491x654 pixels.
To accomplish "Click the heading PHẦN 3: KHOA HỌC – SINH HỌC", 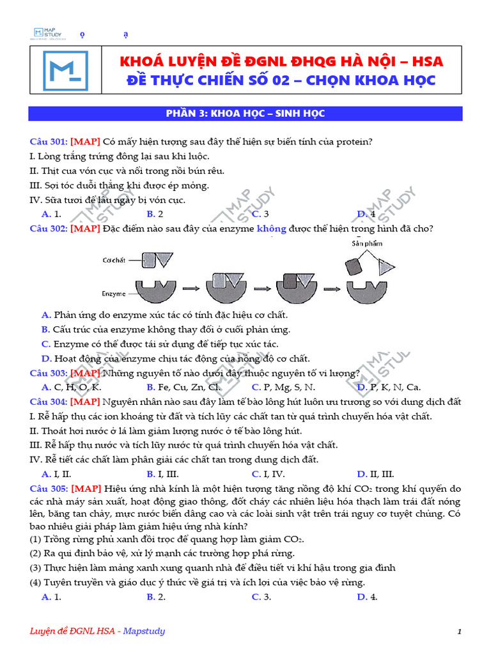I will (245, 114).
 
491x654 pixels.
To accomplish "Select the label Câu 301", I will (48, 142).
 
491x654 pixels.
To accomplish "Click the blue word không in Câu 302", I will (271, 229).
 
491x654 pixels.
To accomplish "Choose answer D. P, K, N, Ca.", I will (389, 387).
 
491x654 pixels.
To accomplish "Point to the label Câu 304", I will (48, 402).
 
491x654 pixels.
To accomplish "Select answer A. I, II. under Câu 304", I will (56, 474).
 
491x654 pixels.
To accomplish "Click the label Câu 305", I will (48, 489).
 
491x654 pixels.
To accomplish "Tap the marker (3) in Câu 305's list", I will (36, 568).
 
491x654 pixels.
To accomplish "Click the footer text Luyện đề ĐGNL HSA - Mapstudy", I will (97, 631).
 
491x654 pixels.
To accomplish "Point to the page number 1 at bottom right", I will (459, 632).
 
